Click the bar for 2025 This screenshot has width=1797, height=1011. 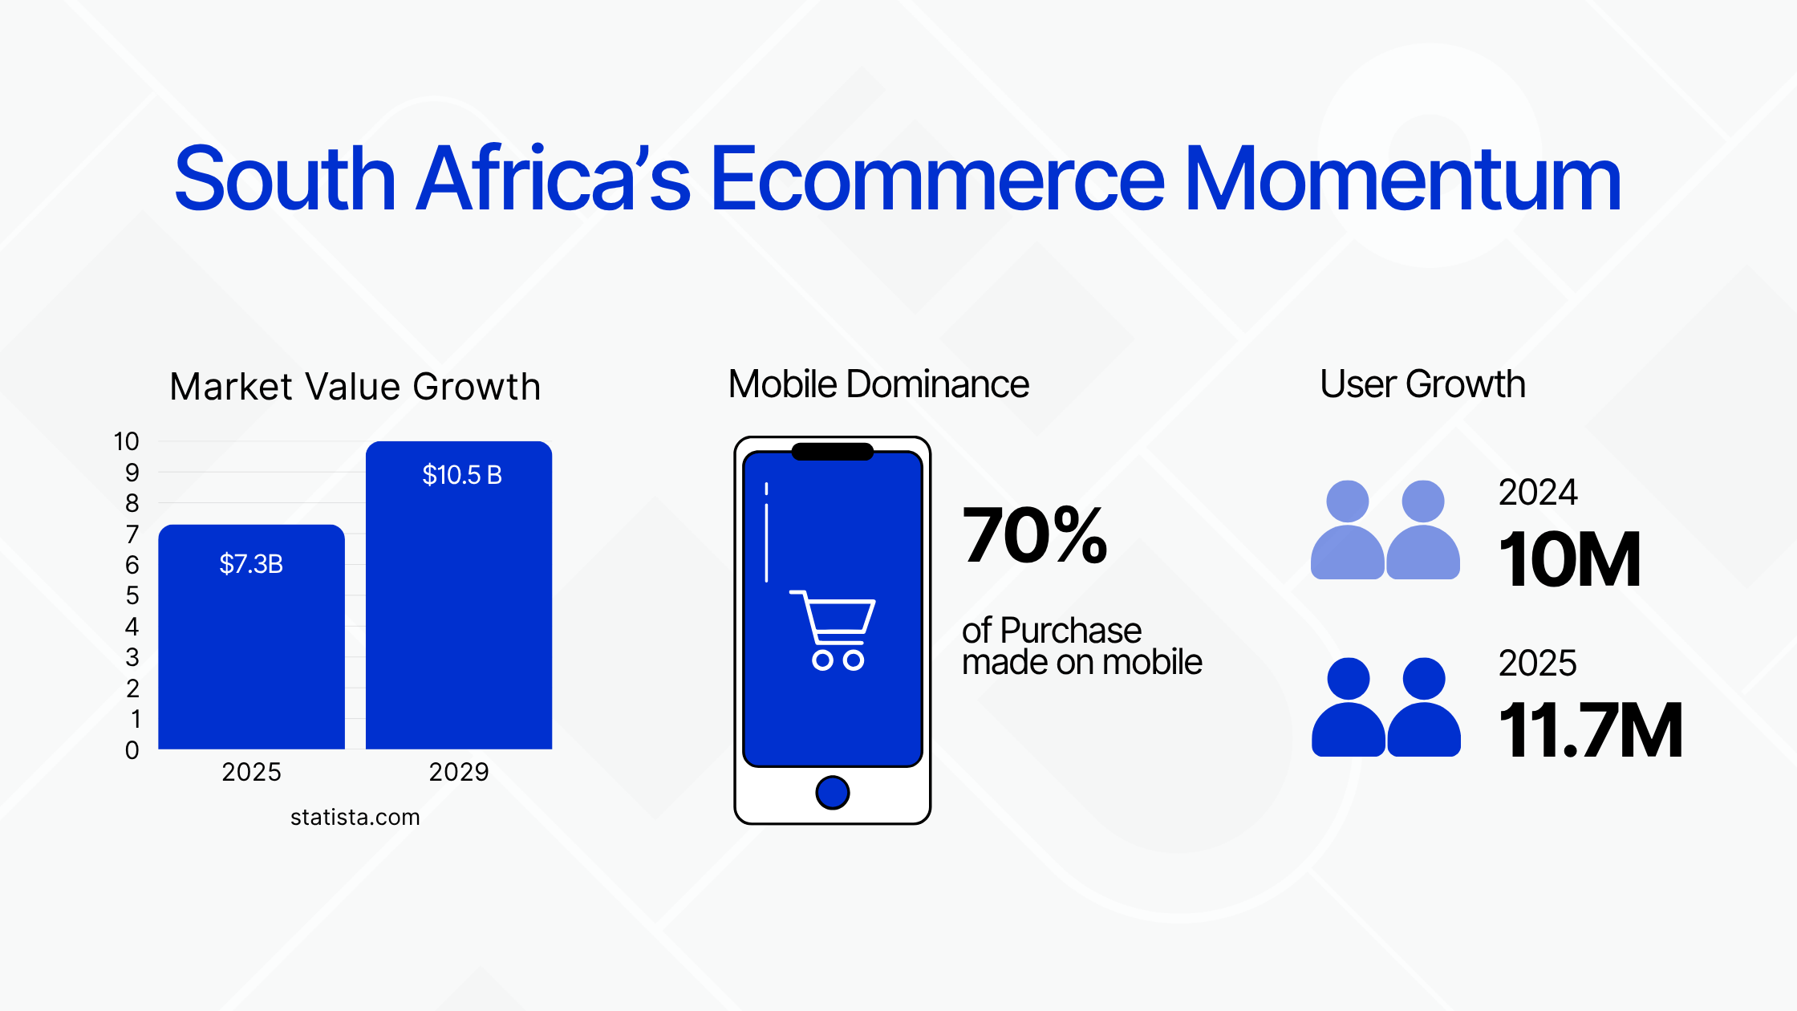[x=251, y=637]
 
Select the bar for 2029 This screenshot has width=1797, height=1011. [x=459, y=595]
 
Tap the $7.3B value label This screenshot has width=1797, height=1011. [x=251, y=564]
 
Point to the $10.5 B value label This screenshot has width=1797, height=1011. [x=462, y=475]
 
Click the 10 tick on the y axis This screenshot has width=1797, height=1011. [x=127, y=441]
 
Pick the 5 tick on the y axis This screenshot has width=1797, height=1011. [x=132, y=595]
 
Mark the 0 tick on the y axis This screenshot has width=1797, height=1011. [x=132, y=750]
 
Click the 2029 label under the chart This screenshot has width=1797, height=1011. [x=459, y=772]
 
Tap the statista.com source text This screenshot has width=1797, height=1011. [x=355, y=817]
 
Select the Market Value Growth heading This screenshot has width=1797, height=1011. [x=355, y=387]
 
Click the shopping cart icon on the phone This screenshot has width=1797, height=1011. [x=833, y=630]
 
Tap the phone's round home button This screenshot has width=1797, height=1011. [x=833, y=793]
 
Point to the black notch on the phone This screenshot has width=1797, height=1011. [x=833, y=452]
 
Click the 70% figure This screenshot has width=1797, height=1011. [x=1035, y=535]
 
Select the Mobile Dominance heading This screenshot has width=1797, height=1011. [x=878, y=384]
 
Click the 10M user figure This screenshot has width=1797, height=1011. [x=1570, y=559]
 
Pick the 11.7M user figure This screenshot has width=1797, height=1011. [x=1591, y=730]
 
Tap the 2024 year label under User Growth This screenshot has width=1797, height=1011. [x=1538, y=492]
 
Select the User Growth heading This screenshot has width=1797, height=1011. [x=1422, y=384]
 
